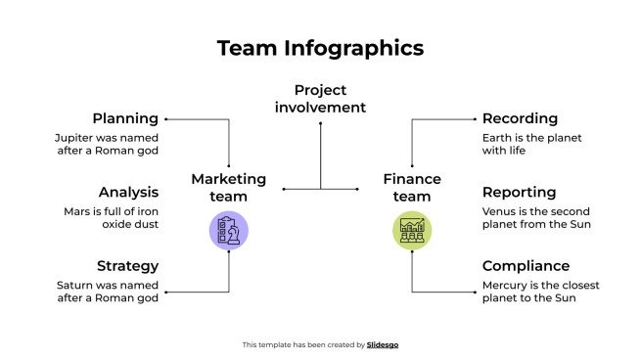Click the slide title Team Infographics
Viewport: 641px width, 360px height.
320,48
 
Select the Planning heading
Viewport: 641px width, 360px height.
125,119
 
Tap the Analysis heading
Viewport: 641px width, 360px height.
128,193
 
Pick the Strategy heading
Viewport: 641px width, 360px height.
127,266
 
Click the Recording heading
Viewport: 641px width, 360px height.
520,119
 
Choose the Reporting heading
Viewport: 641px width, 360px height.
519,193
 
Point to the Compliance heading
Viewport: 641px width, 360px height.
526,266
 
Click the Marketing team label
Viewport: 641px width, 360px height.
228,188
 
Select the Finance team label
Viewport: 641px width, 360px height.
412,188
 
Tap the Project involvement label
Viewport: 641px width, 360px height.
320,99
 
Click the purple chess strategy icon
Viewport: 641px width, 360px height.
228,231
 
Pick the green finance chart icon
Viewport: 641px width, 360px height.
412,231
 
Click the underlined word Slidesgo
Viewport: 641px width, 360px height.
383,344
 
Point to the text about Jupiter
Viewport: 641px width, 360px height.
106,145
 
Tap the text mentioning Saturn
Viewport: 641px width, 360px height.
107,292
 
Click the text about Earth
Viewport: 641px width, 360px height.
531,145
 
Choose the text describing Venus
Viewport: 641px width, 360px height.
536,218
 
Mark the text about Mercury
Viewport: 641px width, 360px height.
540,292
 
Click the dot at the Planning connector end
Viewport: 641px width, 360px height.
166,119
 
